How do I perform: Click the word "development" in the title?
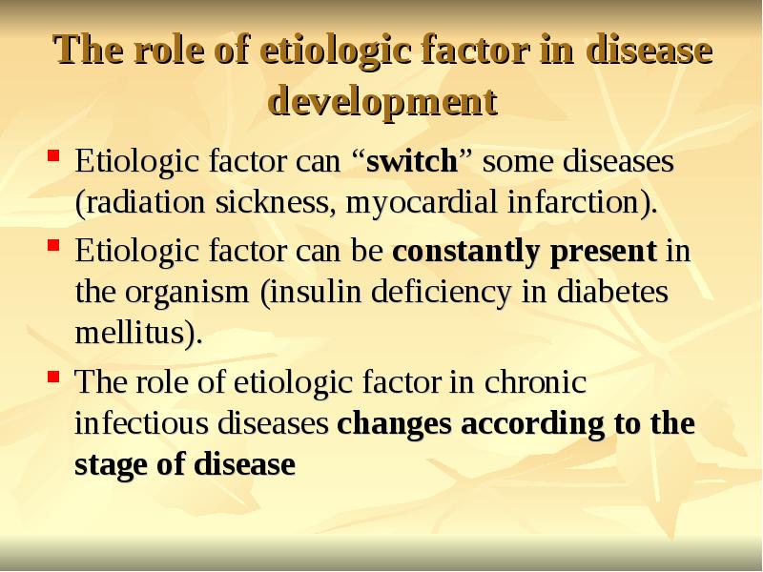pyautogui.click(x=383, y=101)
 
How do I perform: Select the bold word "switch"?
pyautogui.click(x=412, y=161)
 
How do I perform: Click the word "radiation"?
pyautogui.click(x=136, y=203)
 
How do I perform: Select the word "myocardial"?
pyautogui.click(x=409, y=203)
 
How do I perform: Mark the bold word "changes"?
pyautogui.click(x=395, y=424)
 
